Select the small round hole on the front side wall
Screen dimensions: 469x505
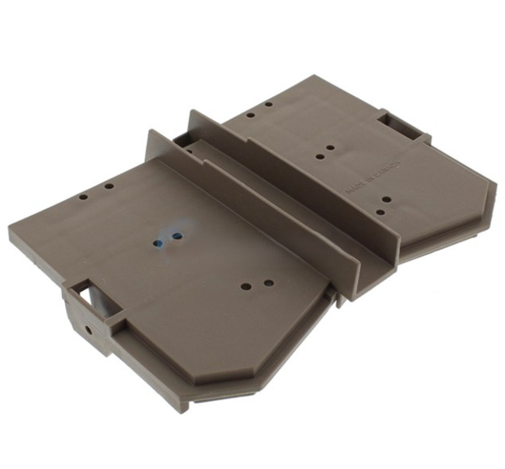pos(88,330)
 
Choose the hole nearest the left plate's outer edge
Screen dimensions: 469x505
pos(83,197)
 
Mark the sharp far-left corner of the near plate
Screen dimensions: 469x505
pos(11,229)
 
